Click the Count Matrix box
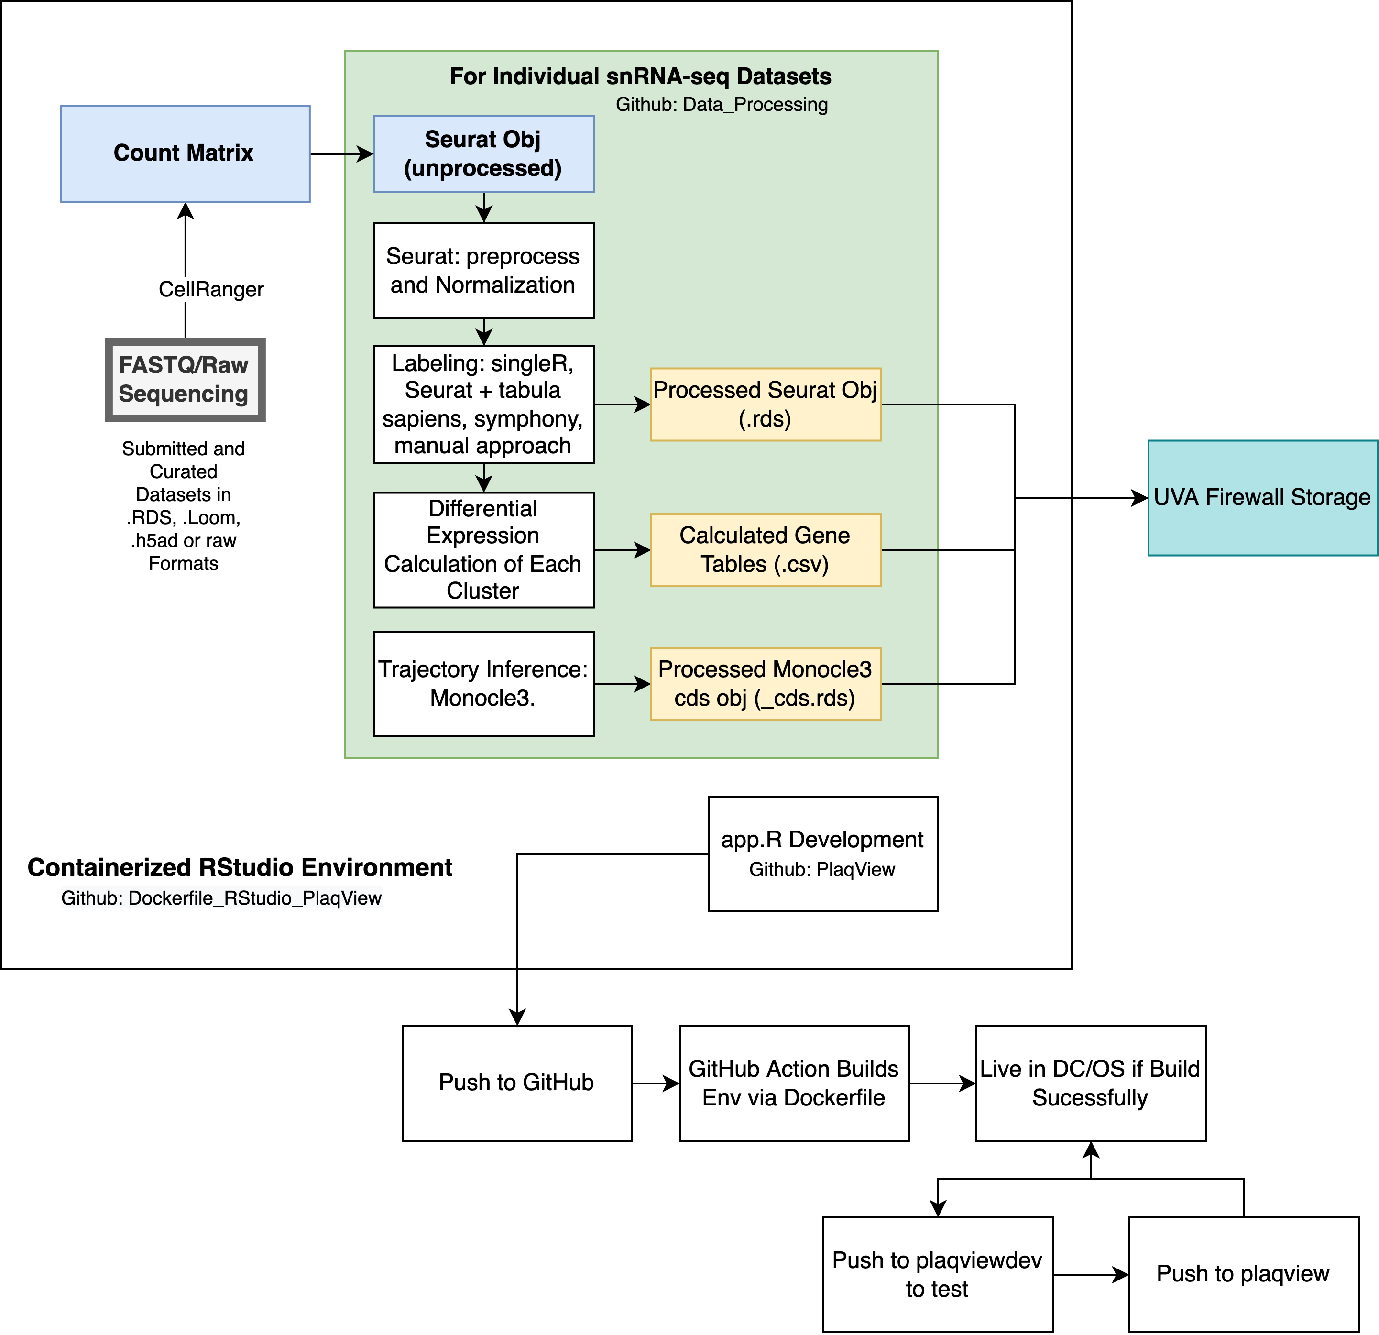(185, 153)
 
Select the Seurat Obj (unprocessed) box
(483, 153)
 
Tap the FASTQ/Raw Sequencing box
(185, 380)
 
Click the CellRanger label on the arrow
(211, 289)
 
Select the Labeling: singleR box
(483, 405)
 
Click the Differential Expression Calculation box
(483, 549)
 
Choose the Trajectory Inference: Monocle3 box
(483, 683)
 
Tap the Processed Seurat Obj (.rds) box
(766, 405)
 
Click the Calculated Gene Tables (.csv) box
(766, 549)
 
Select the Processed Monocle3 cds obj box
(766, 683)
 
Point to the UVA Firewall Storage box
(1262, 498)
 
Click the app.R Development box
(822, 854)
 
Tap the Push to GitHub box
(516, 1083)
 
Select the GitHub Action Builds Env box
(794, 1083)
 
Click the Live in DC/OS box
(1090, 1083)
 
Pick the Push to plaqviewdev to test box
(937, 1274)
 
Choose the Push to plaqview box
(1243, 1274)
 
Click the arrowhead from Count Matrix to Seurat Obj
(366, 153)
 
